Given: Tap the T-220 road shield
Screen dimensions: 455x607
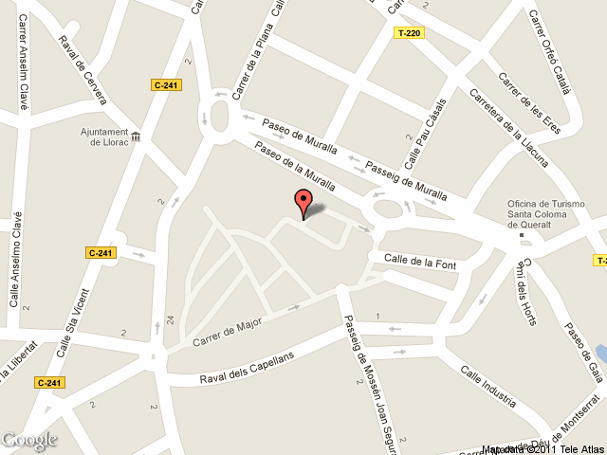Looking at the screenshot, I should pos(409,33).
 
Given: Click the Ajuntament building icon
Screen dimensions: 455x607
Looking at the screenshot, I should pos(136,137).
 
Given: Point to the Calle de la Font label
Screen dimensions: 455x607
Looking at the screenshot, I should pos(420,261).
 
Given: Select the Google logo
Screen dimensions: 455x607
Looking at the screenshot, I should pos(29,440).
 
